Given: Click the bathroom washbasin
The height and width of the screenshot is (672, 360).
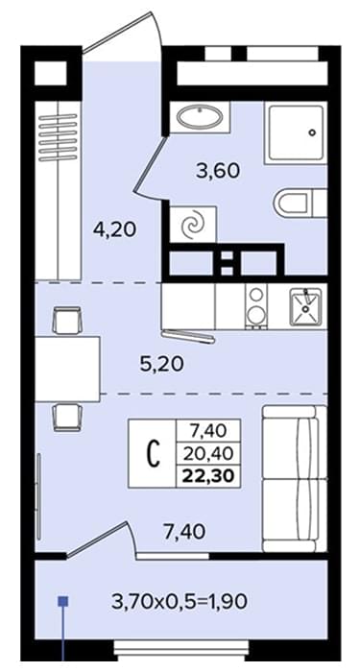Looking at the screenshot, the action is click(x=200, y=116).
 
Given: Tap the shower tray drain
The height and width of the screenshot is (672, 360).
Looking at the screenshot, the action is click(x=312, y=132).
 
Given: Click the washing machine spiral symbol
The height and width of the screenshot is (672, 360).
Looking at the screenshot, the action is click(x=192, y=224).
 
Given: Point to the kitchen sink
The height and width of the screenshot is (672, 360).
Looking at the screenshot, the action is click(x=305, y=307).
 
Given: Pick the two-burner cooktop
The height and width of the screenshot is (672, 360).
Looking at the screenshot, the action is click(x=256, y=307).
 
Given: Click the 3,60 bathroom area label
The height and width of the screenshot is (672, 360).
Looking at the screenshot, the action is click(x=217, y=172).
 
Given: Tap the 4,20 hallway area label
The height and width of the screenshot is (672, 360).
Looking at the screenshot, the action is click(x=114, y=230).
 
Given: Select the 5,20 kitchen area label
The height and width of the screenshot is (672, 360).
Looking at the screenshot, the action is click(x=162, y=364).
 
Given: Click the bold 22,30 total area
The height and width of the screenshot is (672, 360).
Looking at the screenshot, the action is click(x=209, y=477).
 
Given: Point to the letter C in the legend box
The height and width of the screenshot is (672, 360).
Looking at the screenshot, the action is click(x=154, y=455).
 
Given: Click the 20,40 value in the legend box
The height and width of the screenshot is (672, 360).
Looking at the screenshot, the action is click(x=209, y=452).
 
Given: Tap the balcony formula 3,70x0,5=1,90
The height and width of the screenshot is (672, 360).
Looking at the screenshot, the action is click(x=180, y=602).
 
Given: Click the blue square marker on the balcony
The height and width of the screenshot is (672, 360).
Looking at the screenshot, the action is click(x=63, y=602).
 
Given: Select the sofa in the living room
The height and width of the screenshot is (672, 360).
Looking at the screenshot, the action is click(x=295, y=479).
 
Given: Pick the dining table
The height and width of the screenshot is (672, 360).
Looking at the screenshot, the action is click(x=67, y=369).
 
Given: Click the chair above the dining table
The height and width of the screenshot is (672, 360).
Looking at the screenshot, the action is click(x=67, y=321).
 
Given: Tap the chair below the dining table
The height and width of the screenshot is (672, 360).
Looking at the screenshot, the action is click(x=67, y=418).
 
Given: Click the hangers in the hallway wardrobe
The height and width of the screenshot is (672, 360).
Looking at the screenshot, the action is click(x=58, y=137).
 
